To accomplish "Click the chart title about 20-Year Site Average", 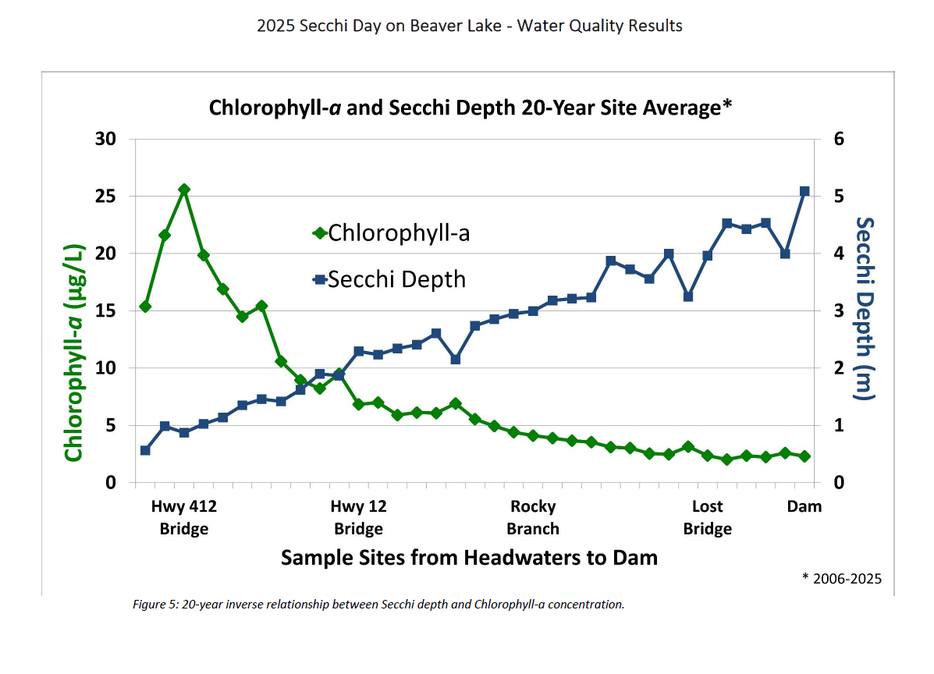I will (470, 107).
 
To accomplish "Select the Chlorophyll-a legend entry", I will (391, 232).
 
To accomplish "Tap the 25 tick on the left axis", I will (105, 197).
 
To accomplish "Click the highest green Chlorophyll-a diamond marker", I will (184, 190).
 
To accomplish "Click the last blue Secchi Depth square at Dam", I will (804, 191).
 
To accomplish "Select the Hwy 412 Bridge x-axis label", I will (184, 517).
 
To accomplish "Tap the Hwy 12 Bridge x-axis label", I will (358, 517).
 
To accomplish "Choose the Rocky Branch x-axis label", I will (533, 517).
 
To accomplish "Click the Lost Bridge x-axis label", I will (708, 517).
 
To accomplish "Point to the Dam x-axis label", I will (804, 506).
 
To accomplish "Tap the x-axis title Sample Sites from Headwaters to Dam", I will (469, 558).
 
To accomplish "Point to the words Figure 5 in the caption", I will (155, 605).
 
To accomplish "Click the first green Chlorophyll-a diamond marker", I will (145, 307).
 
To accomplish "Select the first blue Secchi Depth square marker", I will (145, 450).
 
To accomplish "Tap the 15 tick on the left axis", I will (105, 310).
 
